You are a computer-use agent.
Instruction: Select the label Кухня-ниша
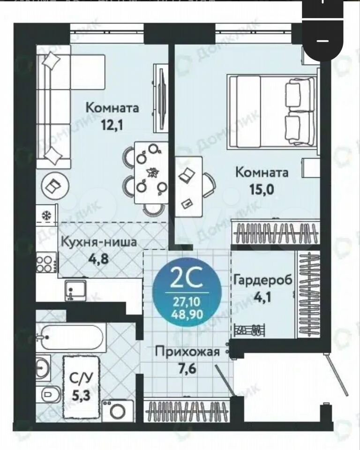click(99, 242)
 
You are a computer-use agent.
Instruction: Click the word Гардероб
click(262, 280)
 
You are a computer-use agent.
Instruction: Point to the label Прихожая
click(187, 351)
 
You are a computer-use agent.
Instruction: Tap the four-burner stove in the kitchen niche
click(46, 262)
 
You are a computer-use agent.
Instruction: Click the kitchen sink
click(75, 290)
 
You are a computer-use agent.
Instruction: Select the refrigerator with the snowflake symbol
click(46, 214)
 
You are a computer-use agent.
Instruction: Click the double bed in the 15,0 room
click(271, 112)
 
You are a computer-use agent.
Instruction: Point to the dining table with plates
click(151, 173)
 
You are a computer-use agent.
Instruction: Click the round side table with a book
click(55, 186)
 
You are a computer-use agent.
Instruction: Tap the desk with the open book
click(188, 187)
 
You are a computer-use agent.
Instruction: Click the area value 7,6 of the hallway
click(187, 368)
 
